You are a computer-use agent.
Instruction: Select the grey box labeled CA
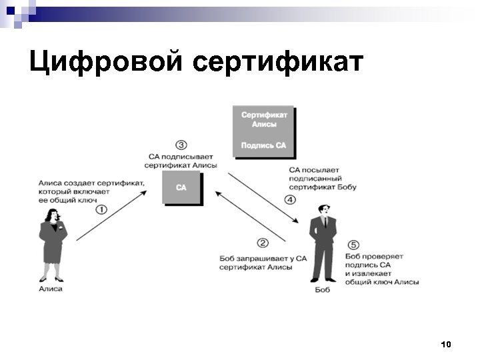[181, 187]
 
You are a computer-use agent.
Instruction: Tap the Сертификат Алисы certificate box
[263, 131]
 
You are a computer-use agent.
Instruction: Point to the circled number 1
[101, 209]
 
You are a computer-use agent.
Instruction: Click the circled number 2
[263, 243]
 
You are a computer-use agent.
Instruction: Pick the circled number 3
[181, 145]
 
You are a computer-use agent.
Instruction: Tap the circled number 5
[353, 245]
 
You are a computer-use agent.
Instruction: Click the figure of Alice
[51, 244]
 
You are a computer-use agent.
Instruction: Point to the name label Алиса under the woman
[51, 289]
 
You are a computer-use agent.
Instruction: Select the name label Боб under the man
[323, 289]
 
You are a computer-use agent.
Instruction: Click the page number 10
[446, 344]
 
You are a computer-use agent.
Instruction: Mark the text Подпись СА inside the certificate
[263, 145]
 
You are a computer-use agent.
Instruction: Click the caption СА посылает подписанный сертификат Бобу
[323, 179]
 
